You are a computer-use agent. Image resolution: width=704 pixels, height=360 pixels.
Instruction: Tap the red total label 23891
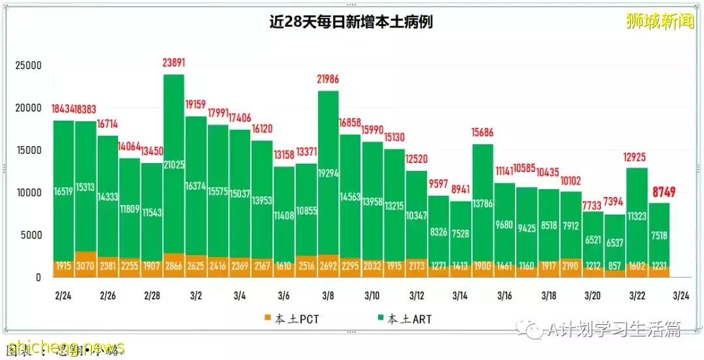(x=173, y=63)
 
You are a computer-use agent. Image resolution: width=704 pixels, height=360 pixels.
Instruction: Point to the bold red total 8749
(x=660, y=192)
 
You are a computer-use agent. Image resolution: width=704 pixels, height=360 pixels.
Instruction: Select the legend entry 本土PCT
(x=291, y=319)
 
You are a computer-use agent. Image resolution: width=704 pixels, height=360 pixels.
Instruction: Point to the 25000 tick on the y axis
(x=29, y=65)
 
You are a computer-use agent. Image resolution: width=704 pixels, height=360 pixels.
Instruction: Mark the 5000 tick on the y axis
(x=31, y=235)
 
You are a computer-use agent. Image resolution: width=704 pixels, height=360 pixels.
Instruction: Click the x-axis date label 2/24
(x=63, y=295)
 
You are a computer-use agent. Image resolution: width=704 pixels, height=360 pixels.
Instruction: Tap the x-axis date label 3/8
(x=329, y=295)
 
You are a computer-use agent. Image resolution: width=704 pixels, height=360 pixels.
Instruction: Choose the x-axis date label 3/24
(x=681, y=295)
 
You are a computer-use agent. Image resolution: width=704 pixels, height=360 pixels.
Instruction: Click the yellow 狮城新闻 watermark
(x=659, y=22)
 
